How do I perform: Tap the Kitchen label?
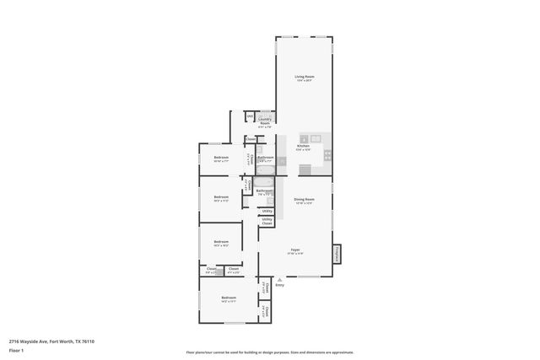[304, 148]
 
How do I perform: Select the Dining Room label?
[303, 201]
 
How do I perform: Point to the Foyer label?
[296, 250]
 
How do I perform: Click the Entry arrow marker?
[278, 279]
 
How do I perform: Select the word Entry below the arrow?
[279, 285]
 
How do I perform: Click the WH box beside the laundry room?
[250, 116]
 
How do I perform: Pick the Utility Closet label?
[267, 222]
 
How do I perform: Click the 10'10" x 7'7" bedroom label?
[221, 159]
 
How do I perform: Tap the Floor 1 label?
[17, 350]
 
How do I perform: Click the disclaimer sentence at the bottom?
[269, 352]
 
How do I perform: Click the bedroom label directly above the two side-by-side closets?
[221, 244]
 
